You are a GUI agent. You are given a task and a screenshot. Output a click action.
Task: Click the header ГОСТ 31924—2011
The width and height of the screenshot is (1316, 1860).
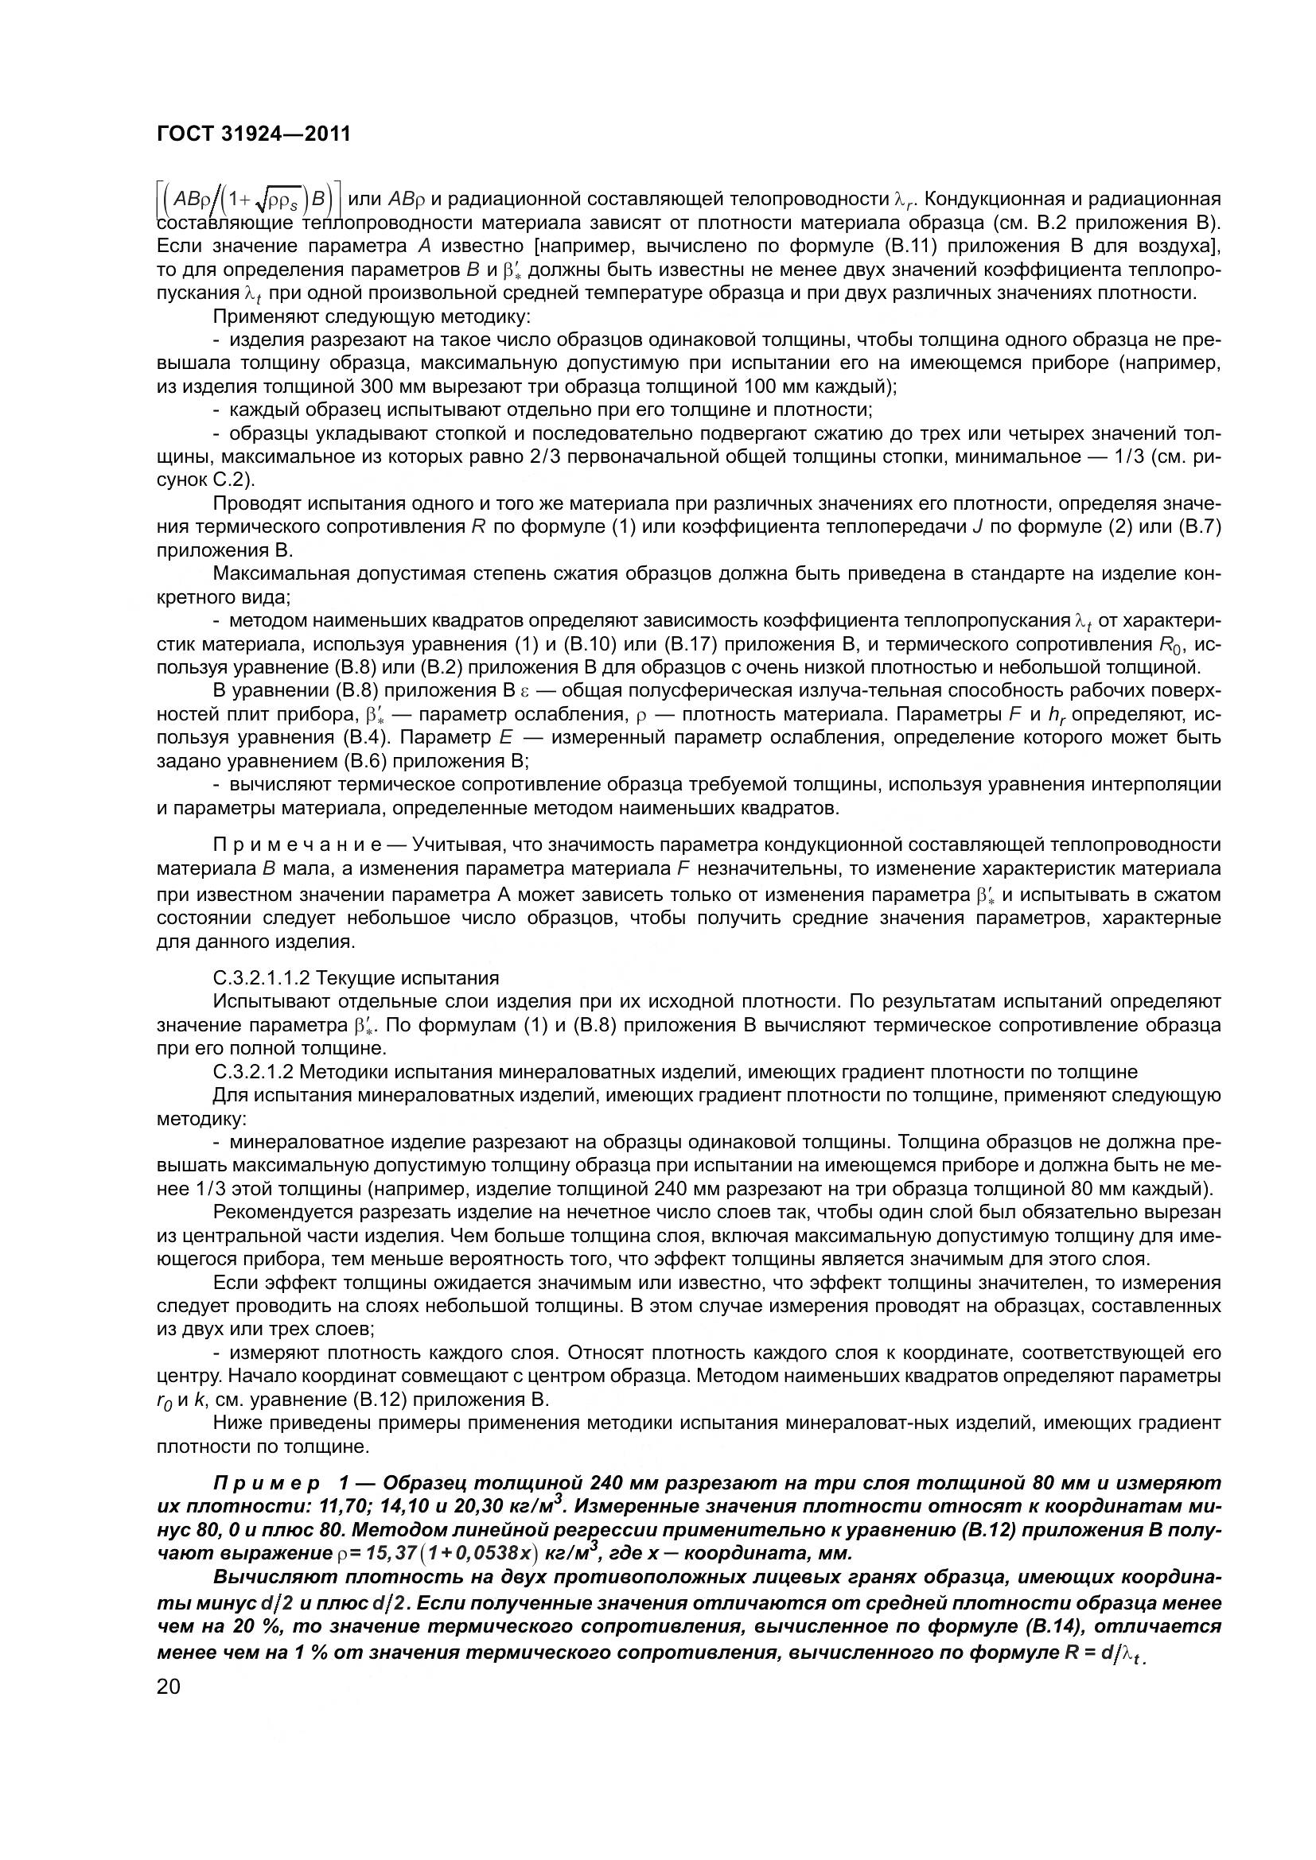[x=254, y=134]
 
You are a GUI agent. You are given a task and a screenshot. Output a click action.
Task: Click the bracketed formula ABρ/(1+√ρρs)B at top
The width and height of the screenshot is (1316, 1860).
[x=249, y=200]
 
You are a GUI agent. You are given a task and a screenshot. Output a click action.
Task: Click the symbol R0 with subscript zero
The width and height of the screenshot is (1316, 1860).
[x=1165, y=646]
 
